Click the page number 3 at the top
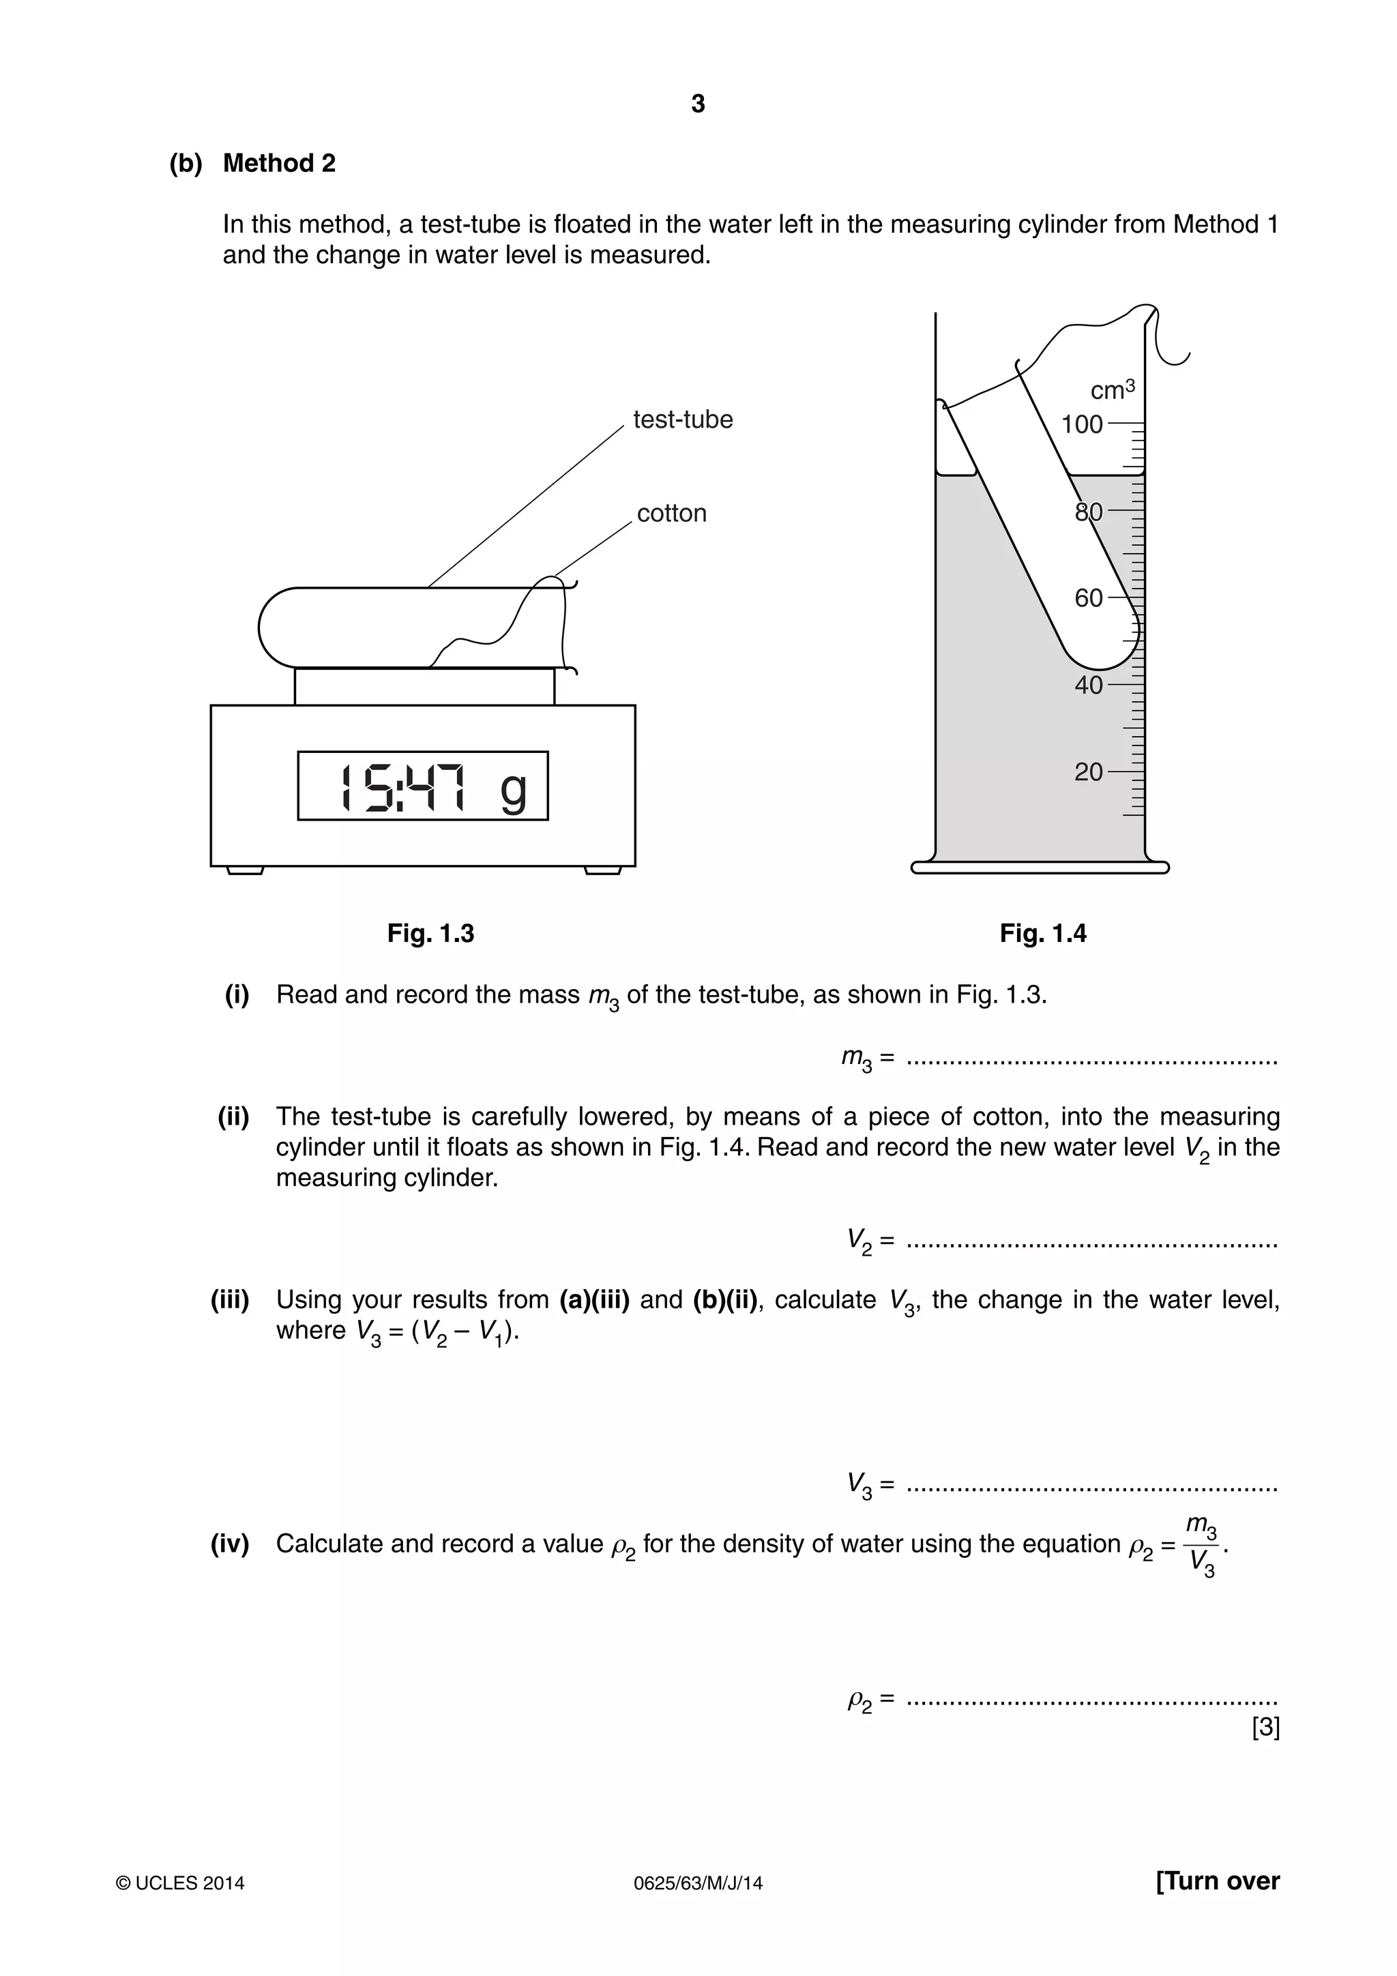(697, 104)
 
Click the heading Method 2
(279, 164)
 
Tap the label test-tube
(683, 420)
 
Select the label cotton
(671, 514)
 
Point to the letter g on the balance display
(513, 788)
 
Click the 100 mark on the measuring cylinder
(1082, 424)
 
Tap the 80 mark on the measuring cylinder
(1089, 512)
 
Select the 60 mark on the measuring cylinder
(1089, 598)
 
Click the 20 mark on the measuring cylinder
(1089, 772)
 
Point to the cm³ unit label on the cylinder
(1112, 390)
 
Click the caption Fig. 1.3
(430, 934)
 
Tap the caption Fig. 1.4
(1042, 934)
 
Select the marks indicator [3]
(1265, 1727)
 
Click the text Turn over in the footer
(1217, 1881)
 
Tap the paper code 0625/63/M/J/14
(697, 1883)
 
